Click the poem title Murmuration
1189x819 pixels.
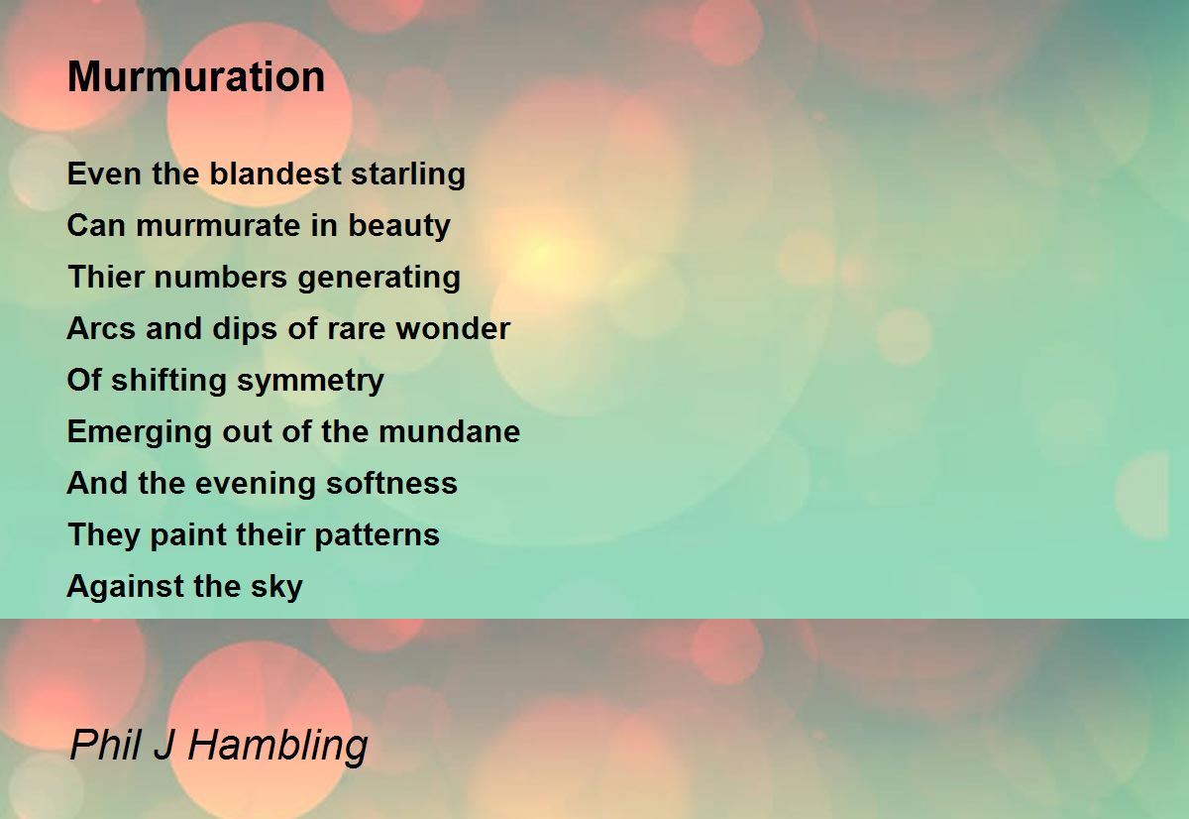(x=196, y=77)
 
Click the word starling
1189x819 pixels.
(x=408, y=175)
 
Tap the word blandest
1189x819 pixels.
(x=275, y=174)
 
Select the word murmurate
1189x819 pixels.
(x=218, y=226)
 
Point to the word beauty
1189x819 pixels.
(x=399, y=226)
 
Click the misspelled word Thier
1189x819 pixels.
(x=106, y=277)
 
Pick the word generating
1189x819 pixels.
(x=378, y=279)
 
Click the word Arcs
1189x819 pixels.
(x=101, y=329)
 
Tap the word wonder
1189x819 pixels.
(x=453, y=329)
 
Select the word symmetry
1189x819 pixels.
(x=310, y=382)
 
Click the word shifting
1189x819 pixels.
(x=168, y=382)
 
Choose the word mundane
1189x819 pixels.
(x=449, y=431)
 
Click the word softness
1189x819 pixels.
(x=391, y=483)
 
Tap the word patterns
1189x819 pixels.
(x=377, y=535)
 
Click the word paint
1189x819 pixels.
(x=188, y=535)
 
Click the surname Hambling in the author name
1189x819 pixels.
(x=277, y=747)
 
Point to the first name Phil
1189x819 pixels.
(x=106, y=745)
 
